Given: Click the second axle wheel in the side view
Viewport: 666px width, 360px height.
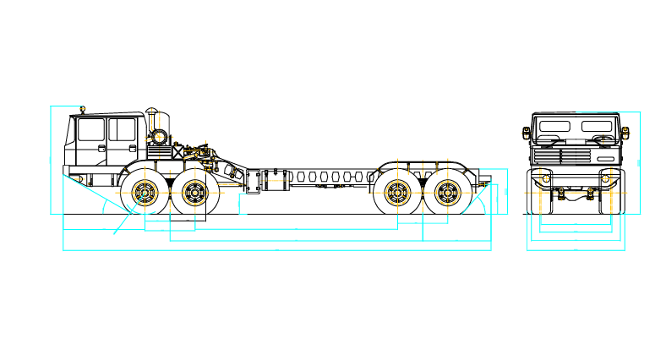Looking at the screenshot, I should [195, 193].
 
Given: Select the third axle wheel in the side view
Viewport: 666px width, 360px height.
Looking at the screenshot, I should [397, 193].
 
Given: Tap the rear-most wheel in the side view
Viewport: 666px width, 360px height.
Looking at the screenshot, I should [447, 193].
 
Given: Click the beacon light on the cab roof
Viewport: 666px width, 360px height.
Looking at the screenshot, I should [83, 108].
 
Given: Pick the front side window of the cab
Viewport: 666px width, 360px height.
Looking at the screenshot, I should [90, 130].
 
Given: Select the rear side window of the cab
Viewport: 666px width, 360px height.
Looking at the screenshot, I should [122, 130].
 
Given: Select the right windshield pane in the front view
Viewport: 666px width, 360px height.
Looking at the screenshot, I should [599, 127].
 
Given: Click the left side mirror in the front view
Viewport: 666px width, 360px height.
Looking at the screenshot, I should [526, 133].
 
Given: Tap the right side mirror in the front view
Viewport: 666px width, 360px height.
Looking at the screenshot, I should [627, 133].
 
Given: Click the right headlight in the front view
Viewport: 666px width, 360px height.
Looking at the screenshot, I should [607, 179].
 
